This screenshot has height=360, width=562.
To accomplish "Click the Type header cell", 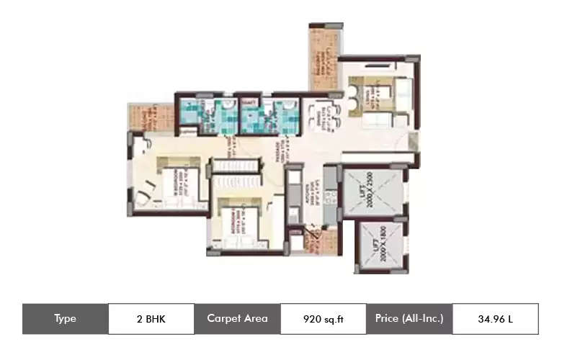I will pyautogui.click(x=66, y=319).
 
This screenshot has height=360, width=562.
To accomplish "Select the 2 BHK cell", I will pyautogui.click(x=151, y=319).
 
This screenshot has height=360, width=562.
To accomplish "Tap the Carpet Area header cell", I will pyautogui.click(x=237, y=319).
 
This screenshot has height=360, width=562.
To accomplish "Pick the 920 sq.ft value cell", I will pyautogui.click(x=324, y=319).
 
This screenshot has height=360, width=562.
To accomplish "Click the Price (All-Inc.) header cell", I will pyautogui.click(x=409, y=319).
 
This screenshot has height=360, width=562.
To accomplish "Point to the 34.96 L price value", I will pyautogui.click(x=495, y=319).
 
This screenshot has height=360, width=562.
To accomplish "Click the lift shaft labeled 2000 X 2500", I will pyautogui.click(x=373, y=192).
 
